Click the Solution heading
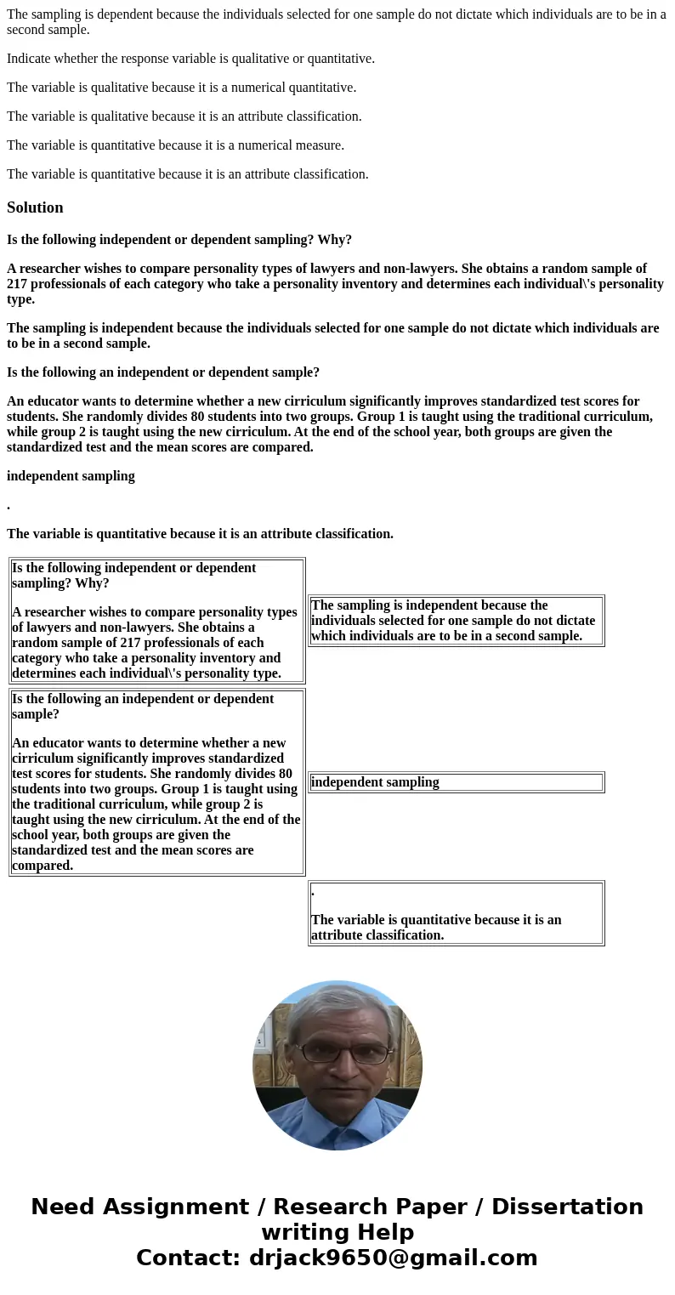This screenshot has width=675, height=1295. pyautogui.click(x=35, y=207)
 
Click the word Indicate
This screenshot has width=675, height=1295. pyautogui.click(x=31, y=59)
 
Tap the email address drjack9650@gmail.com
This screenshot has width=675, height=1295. pyautogui.click(x=393, y=1258)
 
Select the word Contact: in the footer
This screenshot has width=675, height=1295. pyautogui.click(x=188, y=1258)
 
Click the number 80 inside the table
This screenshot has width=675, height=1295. pyautogui.click(x=284, y=774)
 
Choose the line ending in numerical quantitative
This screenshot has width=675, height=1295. pyautogui.click(x=181, y=88)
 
